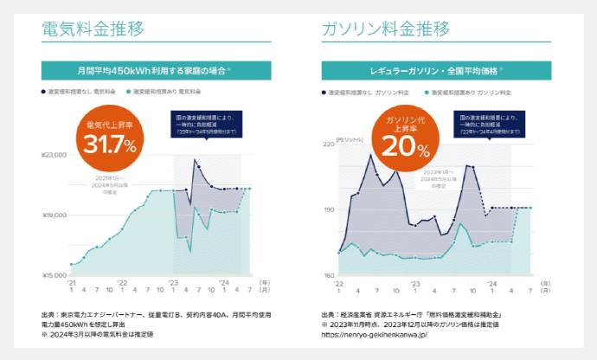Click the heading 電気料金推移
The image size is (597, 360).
click(x=93, y=29)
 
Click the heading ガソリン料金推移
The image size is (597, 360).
click(x=385, y=29)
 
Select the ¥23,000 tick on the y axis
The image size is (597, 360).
click(x=54, y=155)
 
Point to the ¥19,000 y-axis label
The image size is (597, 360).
click(x=54, y=215)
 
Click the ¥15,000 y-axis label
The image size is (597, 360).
click(x=54, y=275)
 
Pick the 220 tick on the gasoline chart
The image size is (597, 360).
click(x=328, y=144)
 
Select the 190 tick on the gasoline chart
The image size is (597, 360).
click(x=328, y=209)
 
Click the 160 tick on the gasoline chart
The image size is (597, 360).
click(x=328, y=275)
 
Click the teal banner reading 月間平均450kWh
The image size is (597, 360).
click(x=156, y=69)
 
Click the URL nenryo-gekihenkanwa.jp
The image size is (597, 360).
click(x=375, y=333)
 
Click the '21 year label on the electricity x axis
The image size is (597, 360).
click(x=72, y=283)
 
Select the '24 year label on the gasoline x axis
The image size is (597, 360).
click(x=491, y=283)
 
